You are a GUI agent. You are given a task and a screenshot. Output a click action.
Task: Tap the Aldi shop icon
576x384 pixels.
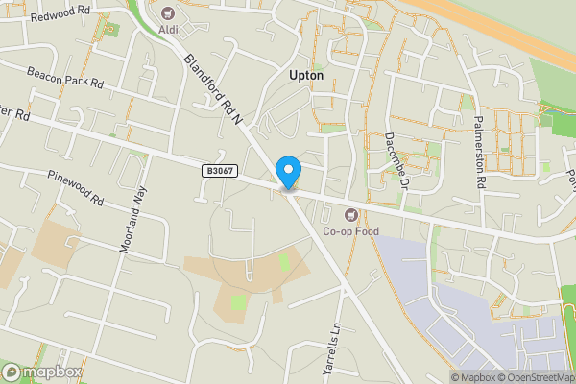[x=169, y=13]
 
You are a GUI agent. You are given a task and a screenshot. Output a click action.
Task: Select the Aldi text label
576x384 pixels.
[x=168, y=30]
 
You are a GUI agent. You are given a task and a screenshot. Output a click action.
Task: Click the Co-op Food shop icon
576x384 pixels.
[x=350, y=213]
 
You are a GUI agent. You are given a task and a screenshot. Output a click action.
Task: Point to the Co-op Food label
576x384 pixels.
[x=350, y=231]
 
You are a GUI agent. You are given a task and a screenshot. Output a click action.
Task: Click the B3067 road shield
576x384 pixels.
[x=218, y=170]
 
